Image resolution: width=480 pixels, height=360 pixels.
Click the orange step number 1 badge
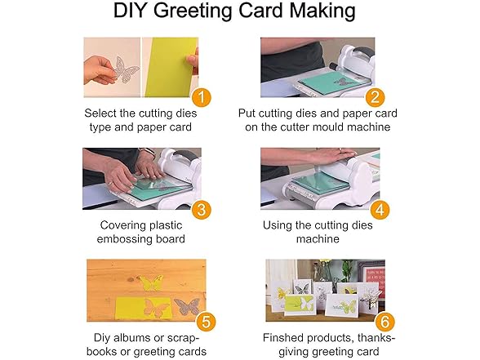202,97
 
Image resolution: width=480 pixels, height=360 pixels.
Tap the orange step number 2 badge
375,97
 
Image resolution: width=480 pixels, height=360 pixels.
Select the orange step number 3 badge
202,210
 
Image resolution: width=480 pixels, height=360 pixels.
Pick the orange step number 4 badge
380,210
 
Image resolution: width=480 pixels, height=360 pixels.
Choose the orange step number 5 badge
206,322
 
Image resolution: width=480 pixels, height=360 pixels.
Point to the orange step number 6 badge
384,322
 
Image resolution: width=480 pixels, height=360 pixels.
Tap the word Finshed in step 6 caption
282,338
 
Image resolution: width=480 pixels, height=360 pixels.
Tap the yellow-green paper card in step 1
171,67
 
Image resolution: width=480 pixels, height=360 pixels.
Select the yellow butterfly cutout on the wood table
150,282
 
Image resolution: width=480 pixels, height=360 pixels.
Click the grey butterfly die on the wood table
187,306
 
